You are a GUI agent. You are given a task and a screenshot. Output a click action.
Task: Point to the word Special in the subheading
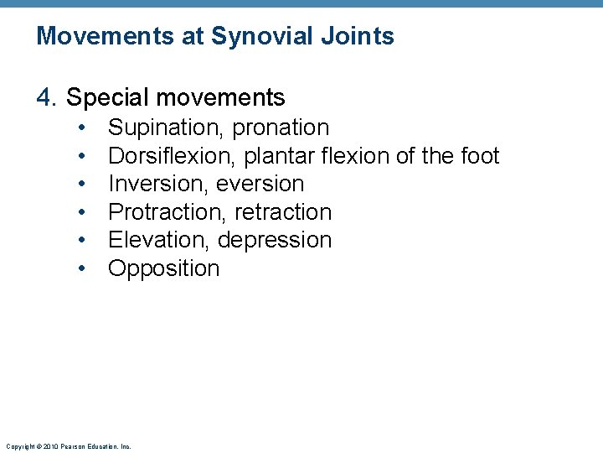click(x=105, y=98)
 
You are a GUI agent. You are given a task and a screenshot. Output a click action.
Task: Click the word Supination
click(x=166, y=128)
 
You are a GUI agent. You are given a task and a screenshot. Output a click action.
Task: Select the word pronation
click(x=281, y=128)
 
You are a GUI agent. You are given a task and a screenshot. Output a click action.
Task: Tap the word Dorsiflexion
click(x=172, y=156)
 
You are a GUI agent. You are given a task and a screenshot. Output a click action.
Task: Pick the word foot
click(x=480, y=156)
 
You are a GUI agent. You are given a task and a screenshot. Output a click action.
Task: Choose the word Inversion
click(x=158, y=184)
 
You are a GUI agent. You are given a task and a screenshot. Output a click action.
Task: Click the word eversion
click(x=260, y=184)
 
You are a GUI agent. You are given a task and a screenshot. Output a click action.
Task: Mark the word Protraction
click(x=167, y=212)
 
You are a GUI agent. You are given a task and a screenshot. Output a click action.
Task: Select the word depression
click(x=275, y=240)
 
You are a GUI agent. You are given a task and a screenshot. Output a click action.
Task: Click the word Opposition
click(x=164, y=268)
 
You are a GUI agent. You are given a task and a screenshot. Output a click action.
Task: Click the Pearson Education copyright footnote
click(x=68, y=446)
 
